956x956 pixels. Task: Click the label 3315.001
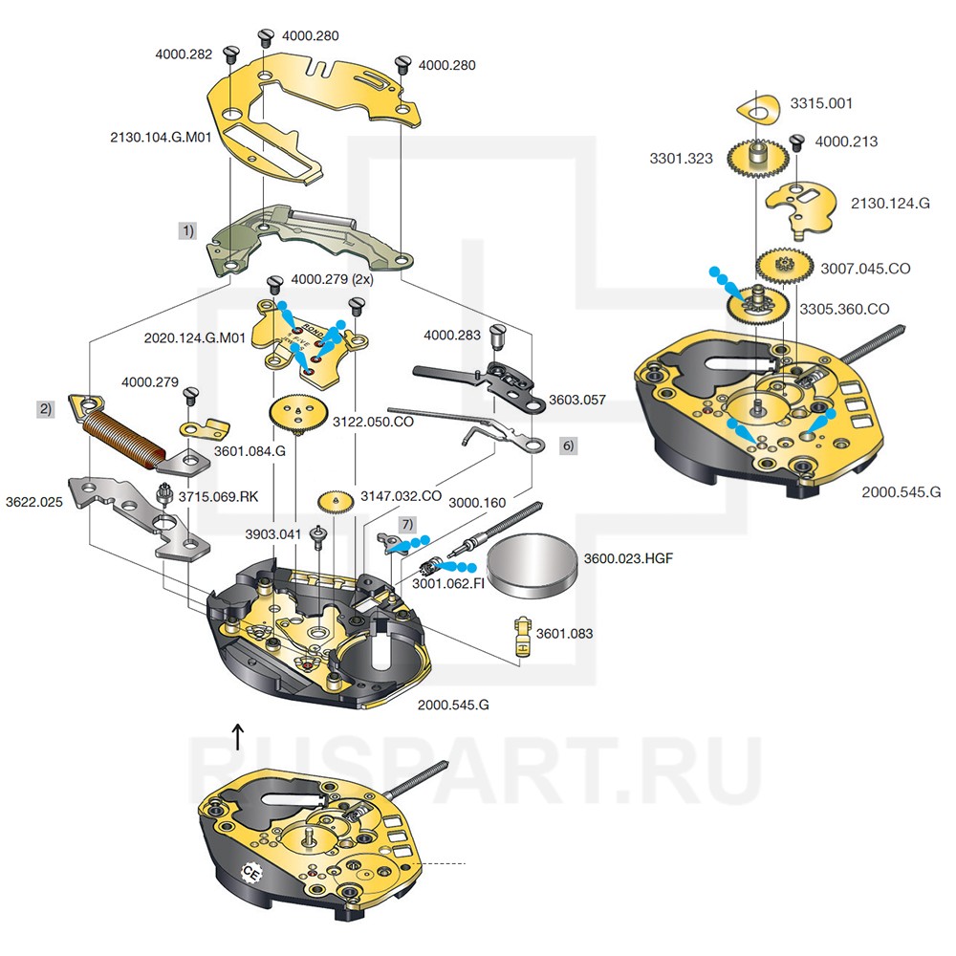tap(820, 103)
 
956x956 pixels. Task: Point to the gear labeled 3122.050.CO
tap(295, 416)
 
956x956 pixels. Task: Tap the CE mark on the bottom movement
tap(252, 873)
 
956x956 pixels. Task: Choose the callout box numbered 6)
tap(567, 445)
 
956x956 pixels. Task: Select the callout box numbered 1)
tap(188, 230)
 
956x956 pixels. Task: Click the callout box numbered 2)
tap(45, 408)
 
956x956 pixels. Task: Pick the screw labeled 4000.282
tap(229, 54)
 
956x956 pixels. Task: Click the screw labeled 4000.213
tap(795, 143)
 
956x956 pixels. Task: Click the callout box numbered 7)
tap(408, 525)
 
